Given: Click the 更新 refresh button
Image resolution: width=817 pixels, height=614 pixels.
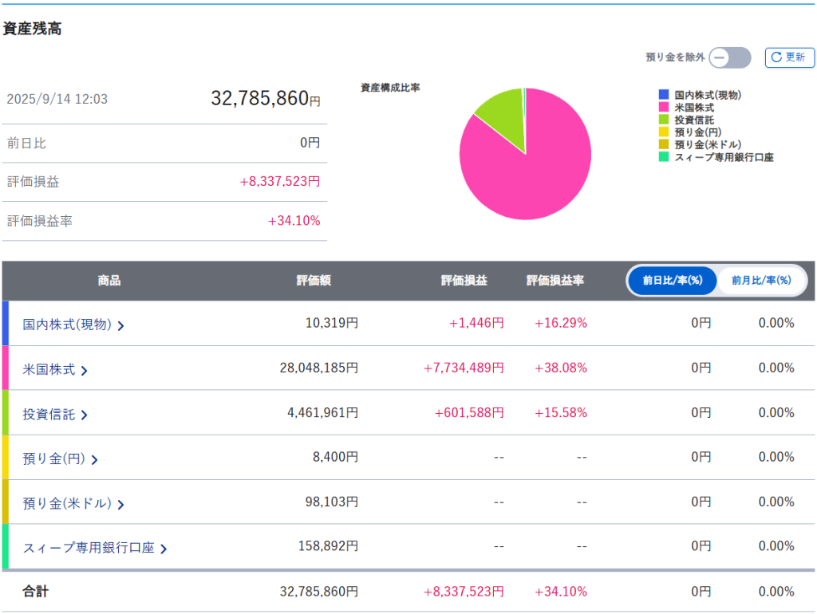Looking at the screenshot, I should coord(789,57).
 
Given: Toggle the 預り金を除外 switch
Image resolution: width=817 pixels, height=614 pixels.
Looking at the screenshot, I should coord(730,57).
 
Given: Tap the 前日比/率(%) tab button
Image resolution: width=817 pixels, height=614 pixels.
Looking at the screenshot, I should coord(672,281).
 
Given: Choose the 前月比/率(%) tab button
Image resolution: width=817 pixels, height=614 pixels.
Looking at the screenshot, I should coord(761,281).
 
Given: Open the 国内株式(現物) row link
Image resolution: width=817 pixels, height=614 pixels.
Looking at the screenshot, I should coord(73,324).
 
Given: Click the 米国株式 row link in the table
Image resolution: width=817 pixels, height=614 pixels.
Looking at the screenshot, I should coord(55,369).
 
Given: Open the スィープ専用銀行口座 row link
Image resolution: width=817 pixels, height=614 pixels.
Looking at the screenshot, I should coord(94,548).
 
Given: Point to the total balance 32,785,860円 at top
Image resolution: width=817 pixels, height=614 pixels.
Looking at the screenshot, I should coord(265,99).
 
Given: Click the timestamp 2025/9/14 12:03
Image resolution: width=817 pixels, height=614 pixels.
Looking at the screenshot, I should coord(57,100).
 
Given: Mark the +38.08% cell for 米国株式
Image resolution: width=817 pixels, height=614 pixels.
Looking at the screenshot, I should coord(561,368).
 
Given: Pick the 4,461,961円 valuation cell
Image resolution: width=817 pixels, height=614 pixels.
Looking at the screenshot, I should coord(322,412).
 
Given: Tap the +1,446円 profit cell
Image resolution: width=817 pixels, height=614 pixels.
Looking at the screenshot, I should coord(476,323).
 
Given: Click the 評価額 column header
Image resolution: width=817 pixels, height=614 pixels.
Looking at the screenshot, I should coord(314,281).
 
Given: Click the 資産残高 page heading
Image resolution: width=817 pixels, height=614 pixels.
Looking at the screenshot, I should coord(32,29).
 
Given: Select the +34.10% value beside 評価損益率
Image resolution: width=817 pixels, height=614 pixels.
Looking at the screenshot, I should coord(294,221).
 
